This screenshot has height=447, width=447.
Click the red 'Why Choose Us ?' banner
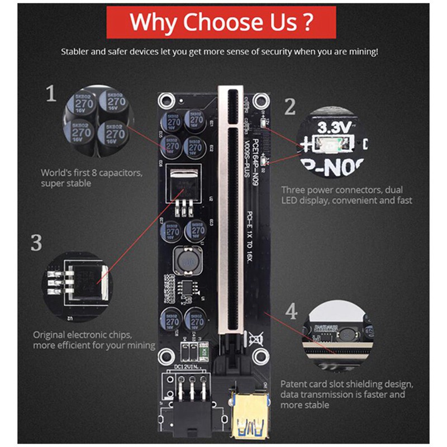coord(221,23)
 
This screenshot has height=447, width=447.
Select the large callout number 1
coord(51,93)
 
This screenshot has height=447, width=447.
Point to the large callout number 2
coord(289,107)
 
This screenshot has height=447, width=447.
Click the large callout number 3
coord(36,242)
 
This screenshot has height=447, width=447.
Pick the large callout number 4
coord(292,312)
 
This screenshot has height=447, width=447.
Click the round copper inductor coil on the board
coord(185,260)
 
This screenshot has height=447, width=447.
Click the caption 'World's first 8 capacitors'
coord(91,173)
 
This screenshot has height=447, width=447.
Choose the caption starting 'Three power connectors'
coord(342,190)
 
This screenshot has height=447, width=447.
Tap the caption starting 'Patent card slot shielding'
coord(346,384)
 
